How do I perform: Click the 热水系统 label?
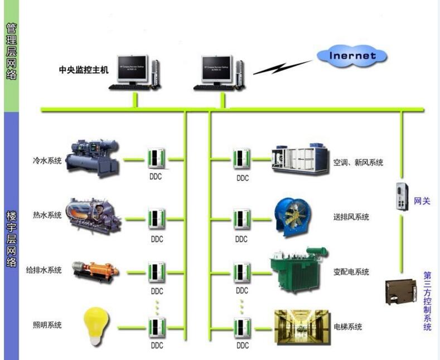[47, 215]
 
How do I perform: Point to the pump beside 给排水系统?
[93, 271]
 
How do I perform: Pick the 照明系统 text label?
[47, 325]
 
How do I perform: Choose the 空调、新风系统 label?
[358, 162]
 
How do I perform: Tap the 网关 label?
[422, 201]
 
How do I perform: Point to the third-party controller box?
[401, 291]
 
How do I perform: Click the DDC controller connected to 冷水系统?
[157, 159]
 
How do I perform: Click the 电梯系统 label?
[347, 327]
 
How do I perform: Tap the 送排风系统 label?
[351, 217]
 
